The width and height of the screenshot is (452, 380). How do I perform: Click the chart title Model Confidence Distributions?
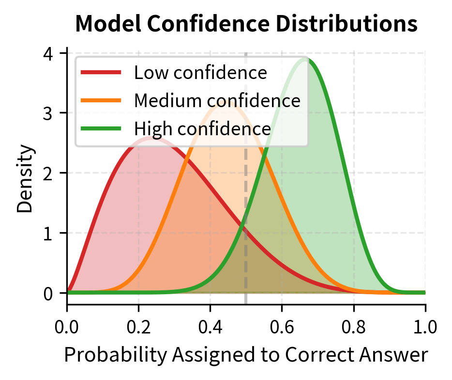(246, 24)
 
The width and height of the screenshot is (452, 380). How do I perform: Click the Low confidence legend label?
(200, 73)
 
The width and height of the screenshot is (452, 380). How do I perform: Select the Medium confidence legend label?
(217, 100)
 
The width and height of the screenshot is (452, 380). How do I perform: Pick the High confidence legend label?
(202, 128)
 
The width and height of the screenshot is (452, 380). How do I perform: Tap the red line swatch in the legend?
(101, 73)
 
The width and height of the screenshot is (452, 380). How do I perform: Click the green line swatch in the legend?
(101, 128)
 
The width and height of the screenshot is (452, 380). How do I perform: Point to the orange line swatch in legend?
(101, 100)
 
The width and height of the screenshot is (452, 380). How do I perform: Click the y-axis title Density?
(25, 179)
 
